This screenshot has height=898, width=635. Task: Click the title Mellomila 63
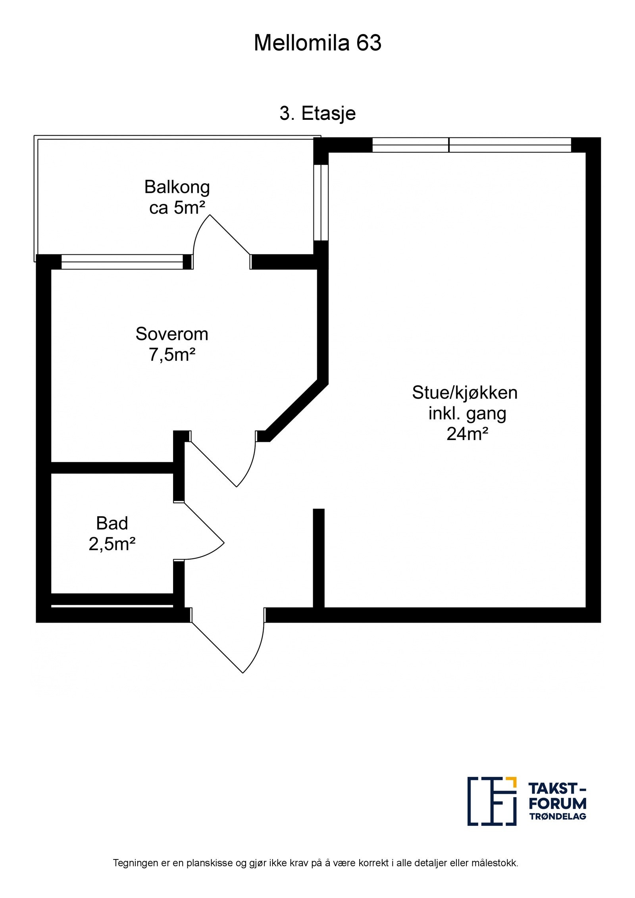coord(317,43)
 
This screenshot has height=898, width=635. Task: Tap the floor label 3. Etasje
coord(317,113)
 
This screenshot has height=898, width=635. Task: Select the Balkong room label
coord(177,187)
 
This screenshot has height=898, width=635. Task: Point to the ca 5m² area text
coord(177,208)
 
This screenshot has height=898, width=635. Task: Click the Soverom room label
coord(171,334)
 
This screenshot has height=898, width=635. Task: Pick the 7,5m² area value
coord(171,354)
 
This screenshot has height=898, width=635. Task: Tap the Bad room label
coord(112,523)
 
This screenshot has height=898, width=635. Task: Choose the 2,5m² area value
coord(112,544)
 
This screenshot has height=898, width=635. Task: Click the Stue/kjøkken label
coord(464,392)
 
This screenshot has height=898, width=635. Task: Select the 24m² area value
coord(467,434)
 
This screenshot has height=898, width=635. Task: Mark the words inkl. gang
coord(467,413)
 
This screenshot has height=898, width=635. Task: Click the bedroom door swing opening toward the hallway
coord(230,464)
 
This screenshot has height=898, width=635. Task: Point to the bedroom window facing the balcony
coord(122,262)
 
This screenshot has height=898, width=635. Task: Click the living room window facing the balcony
coord(321,202)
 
